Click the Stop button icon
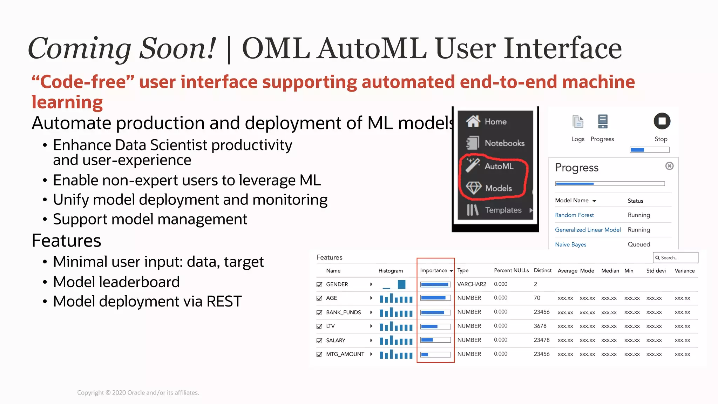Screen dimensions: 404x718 (662, 121)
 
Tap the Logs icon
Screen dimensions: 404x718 (577, 122)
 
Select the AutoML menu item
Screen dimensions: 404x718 (499, 166)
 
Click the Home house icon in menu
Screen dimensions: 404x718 (473, 121)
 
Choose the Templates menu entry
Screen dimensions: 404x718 (503, 210)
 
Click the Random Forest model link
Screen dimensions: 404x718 (574, 215)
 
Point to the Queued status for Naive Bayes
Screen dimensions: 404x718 (638, 244)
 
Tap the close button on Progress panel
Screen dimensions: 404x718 (669, 166)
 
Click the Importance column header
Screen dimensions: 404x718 (434, 270)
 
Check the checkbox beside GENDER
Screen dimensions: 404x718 (319, 284)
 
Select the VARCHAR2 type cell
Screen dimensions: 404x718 (472, 284)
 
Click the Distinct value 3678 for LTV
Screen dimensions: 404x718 (540, 326)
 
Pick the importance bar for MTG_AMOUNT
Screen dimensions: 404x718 (435, 355)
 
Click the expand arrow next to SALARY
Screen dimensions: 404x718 (371, 340)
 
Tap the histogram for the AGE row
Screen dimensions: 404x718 (396, 298)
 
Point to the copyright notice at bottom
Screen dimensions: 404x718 (138, 392)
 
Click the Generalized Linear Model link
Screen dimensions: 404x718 (588, 230)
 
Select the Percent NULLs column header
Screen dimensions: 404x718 (511, 270)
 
